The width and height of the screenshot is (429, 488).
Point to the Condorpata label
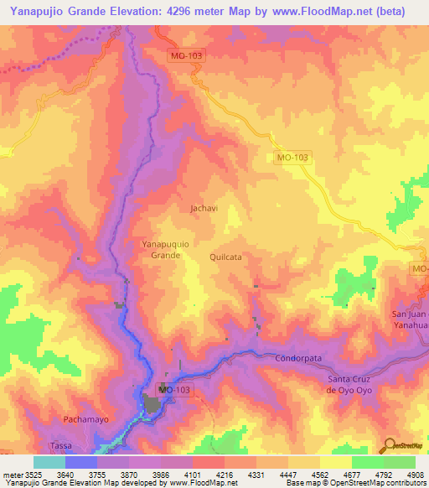pos(298,358)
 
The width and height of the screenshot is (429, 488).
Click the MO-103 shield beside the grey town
pos(173,390)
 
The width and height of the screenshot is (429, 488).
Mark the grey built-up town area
pos(153,404)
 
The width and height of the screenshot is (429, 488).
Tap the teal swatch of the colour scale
pos(49,462)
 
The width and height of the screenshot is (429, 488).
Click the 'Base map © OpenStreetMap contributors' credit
pos(368,483)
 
